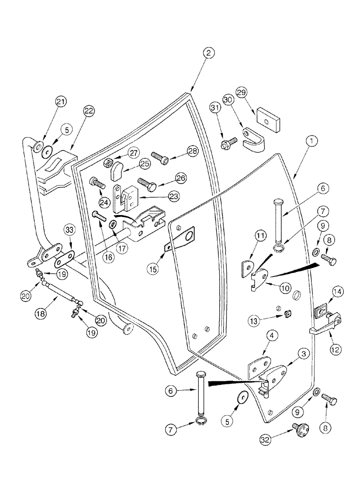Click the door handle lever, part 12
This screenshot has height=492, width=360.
tap(325, 327)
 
